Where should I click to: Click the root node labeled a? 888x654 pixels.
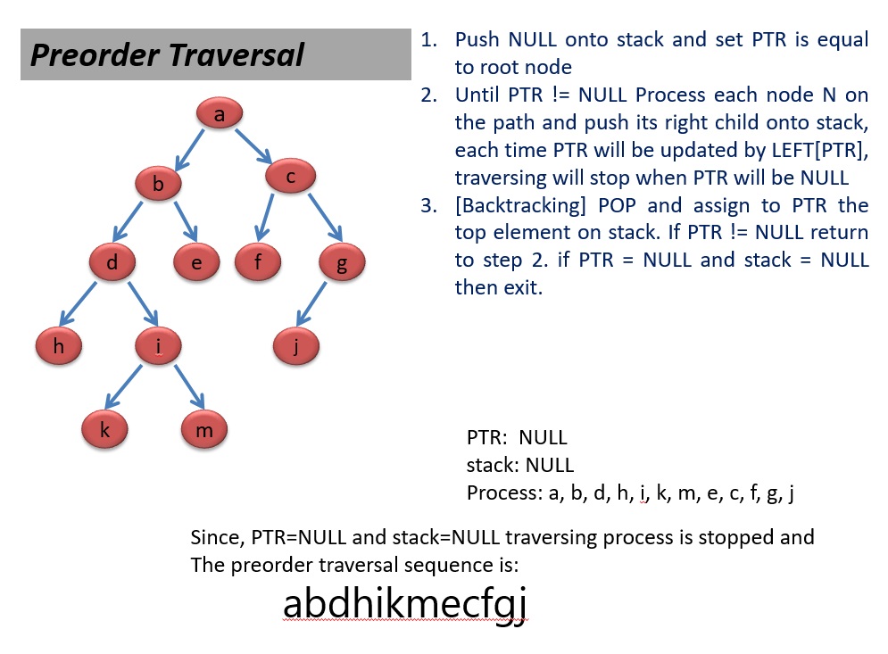[x=220, y=114]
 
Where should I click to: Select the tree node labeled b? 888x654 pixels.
[x=159, y=185]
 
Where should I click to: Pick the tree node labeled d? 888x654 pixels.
[x=113, y=262]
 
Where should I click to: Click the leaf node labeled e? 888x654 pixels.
[x=196, y=262]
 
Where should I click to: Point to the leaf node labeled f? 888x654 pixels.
[x=258, y=262]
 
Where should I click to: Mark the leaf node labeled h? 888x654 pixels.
[x=59, y=346]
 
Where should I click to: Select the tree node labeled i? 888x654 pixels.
[x=158, y=346]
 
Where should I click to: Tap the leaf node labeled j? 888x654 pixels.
[x=296, y=346]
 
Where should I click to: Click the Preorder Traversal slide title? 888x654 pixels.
[x=168, y=55]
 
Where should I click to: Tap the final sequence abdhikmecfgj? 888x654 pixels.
[x=405, y=604]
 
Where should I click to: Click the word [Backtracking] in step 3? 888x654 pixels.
[x=519, y=206]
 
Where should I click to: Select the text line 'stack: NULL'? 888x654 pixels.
[x=520, y=465]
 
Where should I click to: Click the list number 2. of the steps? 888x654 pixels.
[x=430, y=95]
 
